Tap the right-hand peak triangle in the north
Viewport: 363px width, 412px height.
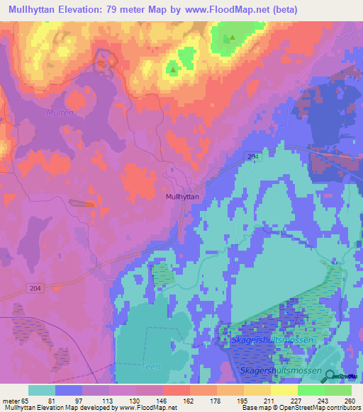tap(229, 40)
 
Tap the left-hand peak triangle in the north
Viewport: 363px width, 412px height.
tap(172, 69)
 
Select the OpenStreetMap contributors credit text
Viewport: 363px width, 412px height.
tap(313, 408)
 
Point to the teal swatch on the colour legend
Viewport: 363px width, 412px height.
tap(42, 390)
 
